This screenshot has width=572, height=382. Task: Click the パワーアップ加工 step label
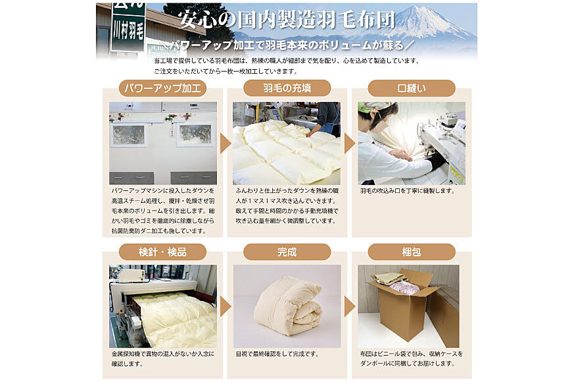pos(162,88)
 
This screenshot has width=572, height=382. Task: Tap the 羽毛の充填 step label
pos(287,88)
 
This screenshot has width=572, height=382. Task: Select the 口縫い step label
pos(412,88)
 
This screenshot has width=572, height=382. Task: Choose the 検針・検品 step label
pos(162,252)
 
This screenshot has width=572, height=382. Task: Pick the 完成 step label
pos(287,252)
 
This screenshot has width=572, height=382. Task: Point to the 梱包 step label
pos(412,252)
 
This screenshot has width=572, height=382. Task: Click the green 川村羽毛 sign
pos(128,26)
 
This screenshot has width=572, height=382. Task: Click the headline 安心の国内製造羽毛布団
pos(287,19)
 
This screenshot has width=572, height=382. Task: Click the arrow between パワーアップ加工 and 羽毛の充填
pos(225,144)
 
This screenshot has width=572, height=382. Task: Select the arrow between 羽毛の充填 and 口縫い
pos(350,144)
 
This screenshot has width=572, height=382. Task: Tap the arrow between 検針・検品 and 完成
pos(225,306)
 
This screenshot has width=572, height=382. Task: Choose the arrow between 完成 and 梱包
pos(350,306)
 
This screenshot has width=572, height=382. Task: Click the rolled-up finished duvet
pos(288,305)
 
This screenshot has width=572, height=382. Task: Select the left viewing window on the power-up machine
pos(128,135)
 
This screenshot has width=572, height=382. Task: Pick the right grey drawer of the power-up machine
pos(194,178)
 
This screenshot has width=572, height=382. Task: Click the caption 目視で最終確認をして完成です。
pos(277,354)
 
